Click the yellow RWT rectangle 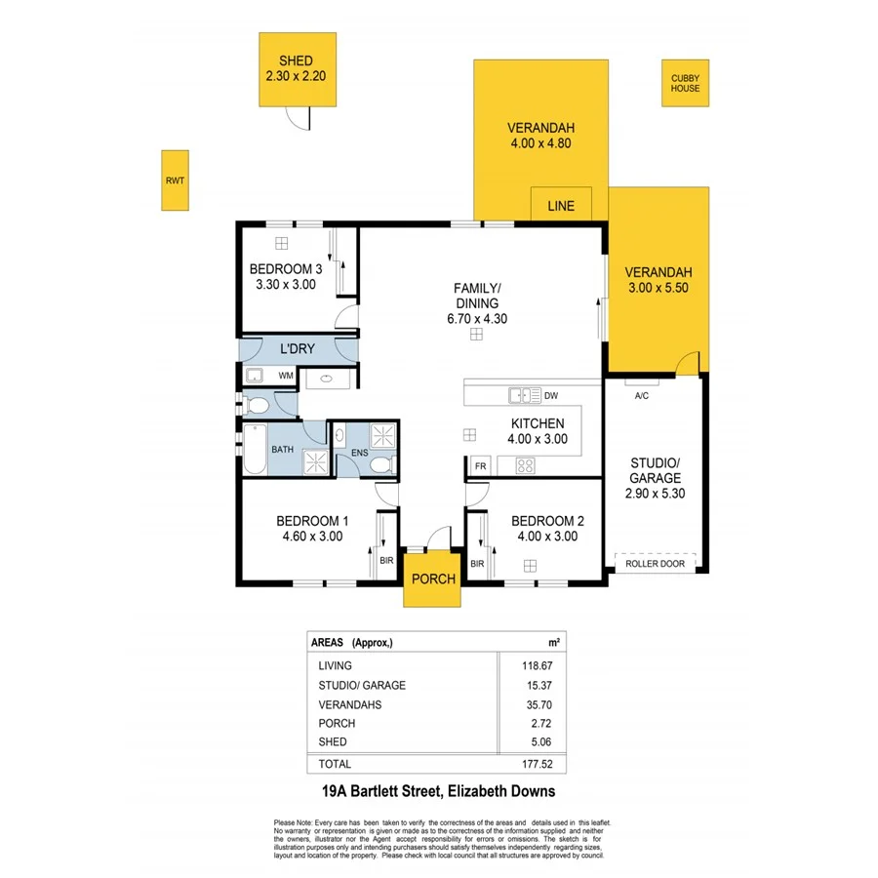175,180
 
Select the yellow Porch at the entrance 433,579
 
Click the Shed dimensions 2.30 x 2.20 296,75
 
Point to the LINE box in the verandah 561,206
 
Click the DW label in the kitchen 550,395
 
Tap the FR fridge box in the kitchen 480,466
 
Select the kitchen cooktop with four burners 525,465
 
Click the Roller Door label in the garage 655,563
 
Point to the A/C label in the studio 642,396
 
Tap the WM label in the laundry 286,376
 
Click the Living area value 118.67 531,665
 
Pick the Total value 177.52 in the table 531,764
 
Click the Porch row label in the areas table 337,723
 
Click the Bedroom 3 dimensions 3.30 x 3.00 285,285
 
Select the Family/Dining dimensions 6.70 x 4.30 477,318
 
